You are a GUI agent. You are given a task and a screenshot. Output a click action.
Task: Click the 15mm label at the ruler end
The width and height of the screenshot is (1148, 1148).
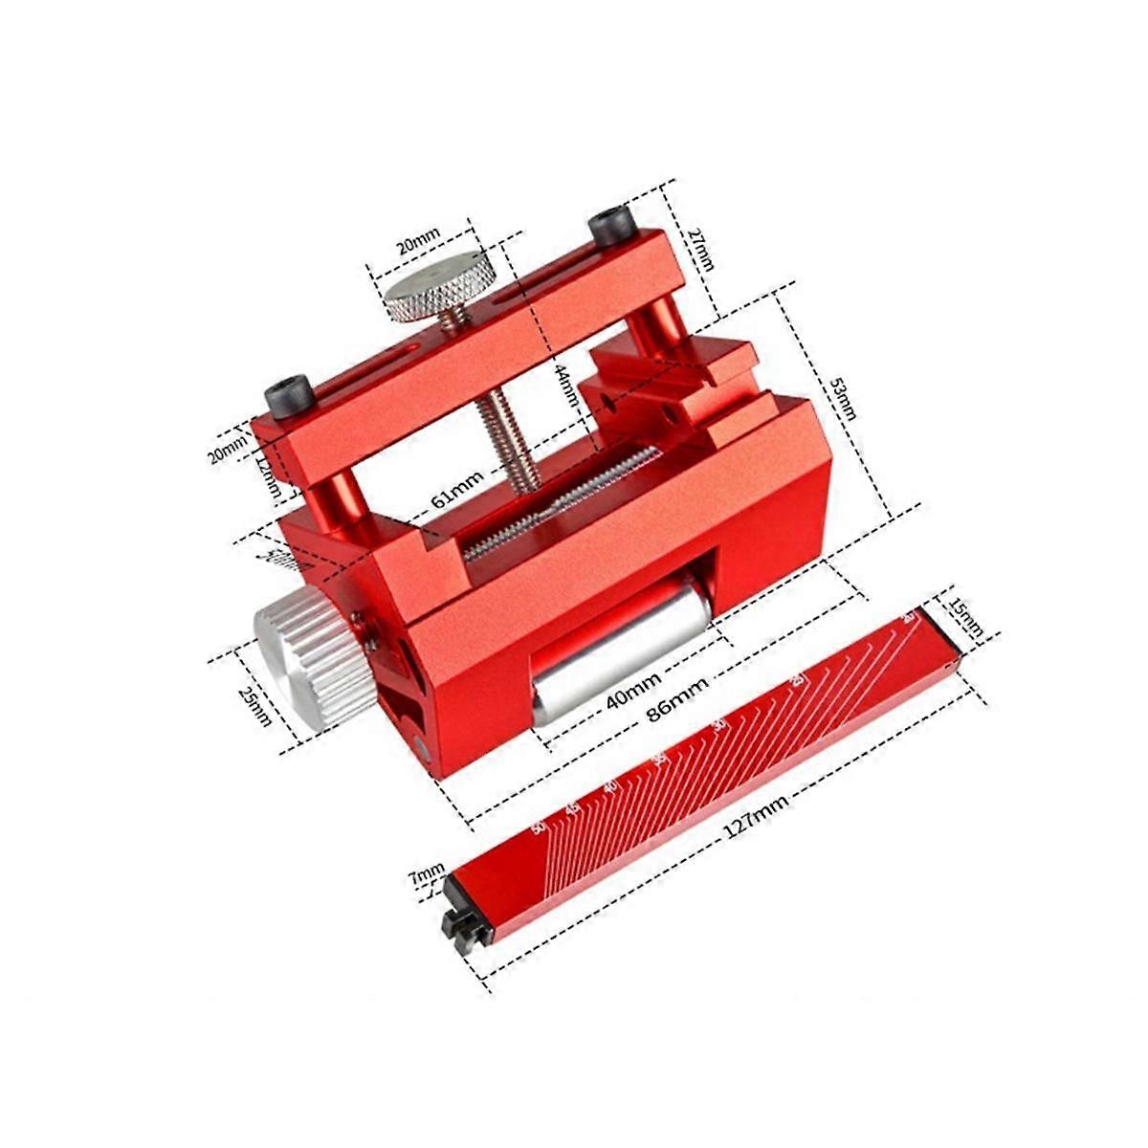pos(965,617)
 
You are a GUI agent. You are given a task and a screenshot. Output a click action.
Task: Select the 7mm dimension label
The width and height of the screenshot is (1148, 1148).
pos(427,873)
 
